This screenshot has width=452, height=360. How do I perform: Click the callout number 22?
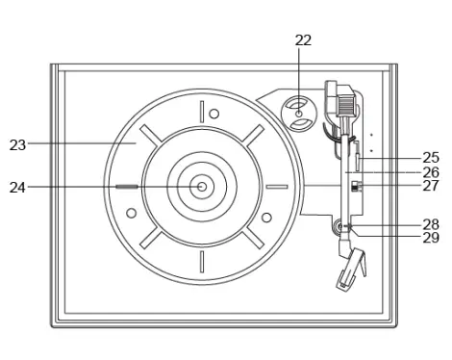(303, 40)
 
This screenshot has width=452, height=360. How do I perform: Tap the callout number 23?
(17, 145)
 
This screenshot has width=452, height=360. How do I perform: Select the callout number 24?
(17, 188)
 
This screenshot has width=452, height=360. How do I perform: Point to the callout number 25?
(431, 158)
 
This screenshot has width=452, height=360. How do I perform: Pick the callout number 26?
(431, 172)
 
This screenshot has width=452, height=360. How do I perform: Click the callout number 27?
(431, 186)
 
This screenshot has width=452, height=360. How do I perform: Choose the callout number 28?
(431, 224)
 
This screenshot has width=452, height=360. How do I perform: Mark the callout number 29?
(431, 238)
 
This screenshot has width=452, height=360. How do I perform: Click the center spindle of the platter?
(202, 187)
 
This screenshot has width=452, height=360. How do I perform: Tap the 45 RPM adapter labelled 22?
(299, 114)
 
